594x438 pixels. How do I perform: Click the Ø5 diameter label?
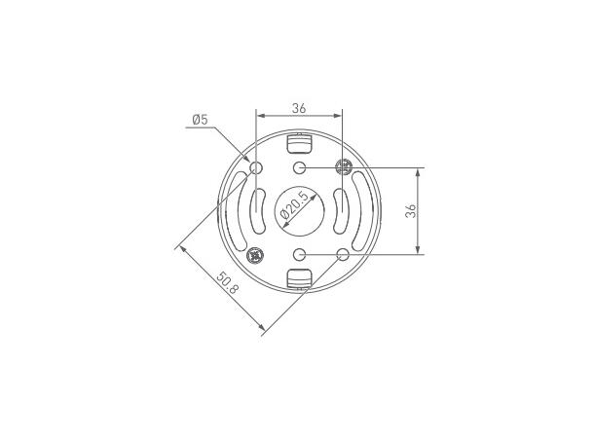pos(200,120)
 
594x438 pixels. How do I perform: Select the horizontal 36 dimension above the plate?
pos(299,108)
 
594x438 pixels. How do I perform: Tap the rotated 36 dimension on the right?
pos(411,210)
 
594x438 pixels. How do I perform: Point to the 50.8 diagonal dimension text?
pos(228,283)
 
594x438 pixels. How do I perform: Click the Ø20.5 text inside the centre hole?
pos(293,206)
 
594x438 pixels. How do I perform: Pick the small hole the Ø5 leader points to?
pos(256,167)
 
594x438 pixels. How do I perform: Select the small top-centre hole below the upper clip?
pos(300,167)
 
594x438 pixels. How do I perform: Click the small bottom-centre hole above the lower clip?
pos(300,254)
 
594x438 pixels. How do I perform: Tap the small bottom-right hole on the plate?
pos(343,254)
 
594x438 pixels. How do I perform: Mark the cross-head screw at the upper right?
pos(344,166)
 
